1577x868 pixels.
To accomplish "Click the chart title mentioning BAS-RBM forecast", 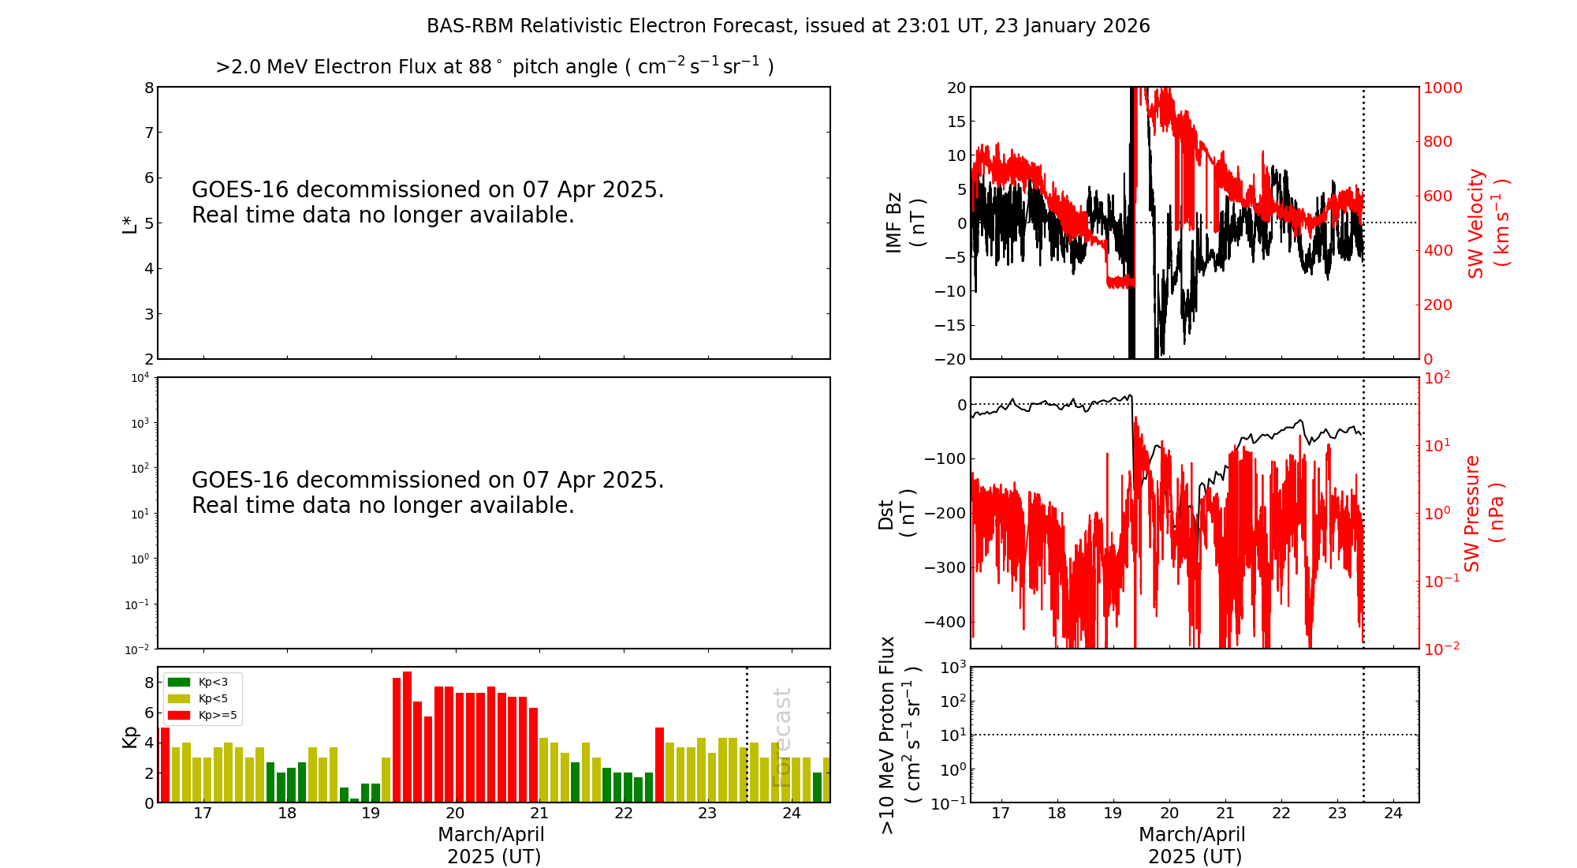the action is pos(788,26).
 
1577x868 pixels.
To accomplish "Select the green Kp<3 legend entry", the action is pos(196,682).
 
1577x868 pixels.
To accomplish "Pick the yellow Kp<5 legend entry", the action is pos(196,698).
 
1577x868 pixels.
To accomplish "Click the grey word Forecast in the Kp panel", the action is pos(781,737).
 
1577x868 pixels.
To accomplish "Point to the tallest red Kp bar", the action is pos(407,737).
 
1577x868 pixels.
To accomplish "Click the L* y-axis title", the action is pos(130,223).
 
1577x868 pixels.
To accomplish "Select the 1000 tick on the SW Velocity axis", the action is pos(1442,88).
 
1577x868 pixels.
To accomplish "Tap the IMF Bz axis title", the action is pos(905,223).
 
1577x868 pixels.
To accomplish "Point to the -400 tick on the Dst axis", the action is pos(945,622).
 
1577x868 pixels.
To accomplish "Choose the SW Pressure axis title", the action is pos(1484,513).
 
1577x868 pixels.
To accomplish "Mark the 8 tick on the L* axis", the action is pos(148,88).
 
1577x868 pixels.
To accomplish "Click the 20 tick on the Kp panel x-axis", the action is pos(455,814).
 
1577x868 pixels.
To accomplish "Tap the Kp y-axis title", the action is pos(130,737).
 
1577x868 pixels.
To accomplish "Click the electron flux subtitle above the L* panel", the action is pos(494,66).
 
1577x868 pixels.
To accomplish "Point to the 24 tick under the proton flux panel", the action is pos(1393,814).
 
